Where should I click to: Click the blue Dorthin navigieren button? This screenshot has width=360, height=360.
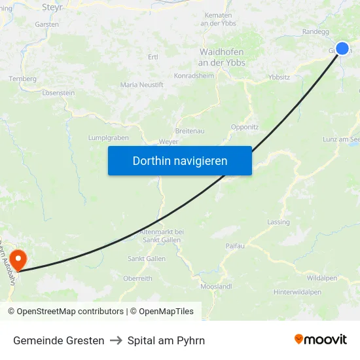click(179, 160)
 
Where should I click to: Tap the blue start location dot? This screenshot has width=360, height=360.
click(342, 48)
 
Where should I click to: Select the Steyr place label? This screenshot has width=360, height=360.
click(52, 7)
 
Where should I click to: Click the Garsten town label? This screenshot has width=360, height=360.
click(48, 24)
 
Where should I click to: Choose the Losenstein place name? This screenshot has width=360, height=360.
click(58, 93)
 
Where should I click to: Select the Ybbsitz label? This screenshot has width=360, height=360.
click(279, 77)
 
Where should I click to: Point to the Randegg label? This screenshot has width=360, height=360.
click(315, 31)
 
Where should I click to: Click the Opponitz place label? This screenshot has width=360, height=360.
click(245, 127)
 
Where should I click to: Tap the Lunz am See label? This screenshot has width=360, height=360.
click(341, 139)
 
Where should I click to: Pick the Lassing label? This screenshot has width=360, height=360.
click(278, 223)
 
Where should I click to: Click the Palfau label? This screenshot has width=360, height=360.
click(234, 246)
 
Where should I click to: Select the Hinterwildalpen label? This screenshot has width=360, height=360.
click(297, 292)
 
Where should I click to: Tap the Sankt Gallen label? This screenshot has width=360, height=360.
click(147, 259)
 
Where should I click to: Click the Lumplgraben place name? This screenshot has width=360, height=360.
click(108, 138)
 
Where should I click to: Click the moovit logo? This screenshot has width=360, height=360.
click(321, 340)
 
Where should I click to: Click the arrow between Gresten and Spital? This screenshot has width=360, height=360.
click(116, 340)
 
